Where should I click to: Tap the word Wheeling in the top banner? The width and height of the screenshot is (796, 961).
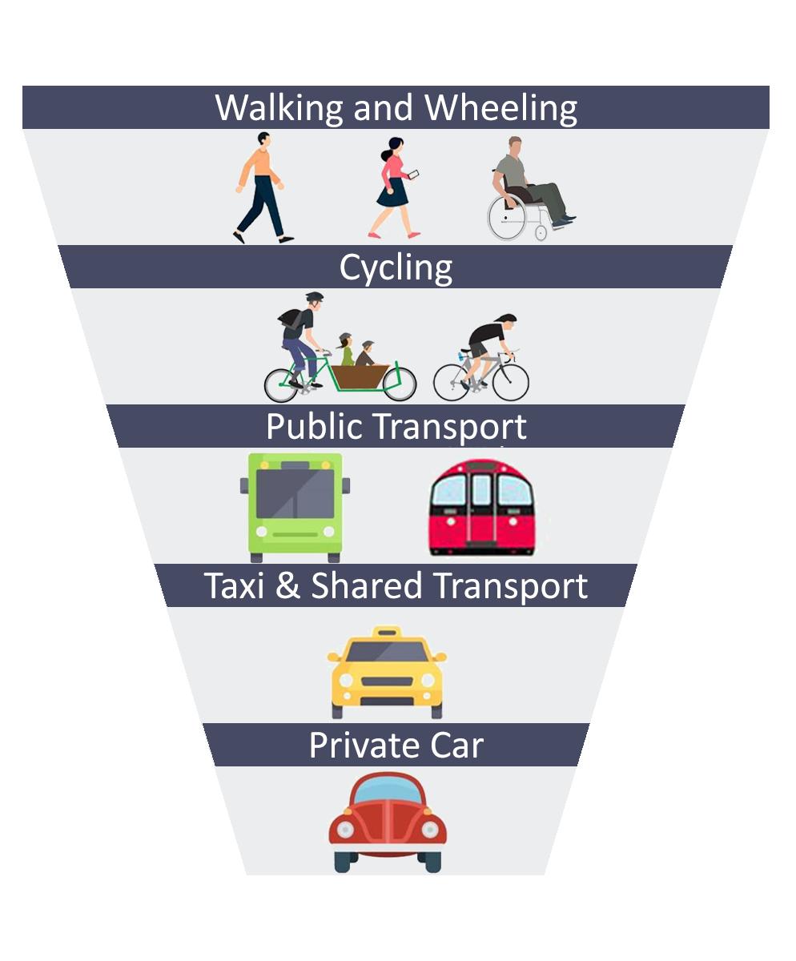pyautogui.click(x=501, y=107)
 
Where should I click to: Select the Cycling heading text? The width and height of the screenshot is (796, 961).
pyautogui.click(x=396, y=267)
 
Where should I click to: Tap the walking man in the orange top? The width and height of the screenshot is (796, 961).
pyautogui.click(x=261, y=188)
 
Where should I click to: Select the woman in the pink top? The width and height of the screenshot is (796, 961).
pyautogui.click(x=393, y=188)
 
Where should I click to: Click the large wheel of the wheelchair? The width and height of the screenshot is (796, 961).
pyautogui.click(x=508, y=217)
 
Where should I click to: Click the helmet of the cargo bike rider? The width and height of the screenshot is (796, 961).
pyautogui.click(x=314, y=297)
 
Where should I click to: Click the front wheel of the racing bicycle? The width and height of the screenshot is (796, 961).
pyautogui.click(x=510, y=381)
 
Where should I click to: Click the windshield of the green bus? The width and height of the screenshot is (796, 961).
pyautogui.click(x=295, y=493)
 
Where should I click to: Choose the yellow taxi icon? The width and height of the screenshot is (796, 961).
pyautogui.click(x=387, y=673)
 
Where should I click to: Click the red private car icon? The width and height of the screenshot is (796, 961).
pyautogui.click(x=388, y=822)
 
